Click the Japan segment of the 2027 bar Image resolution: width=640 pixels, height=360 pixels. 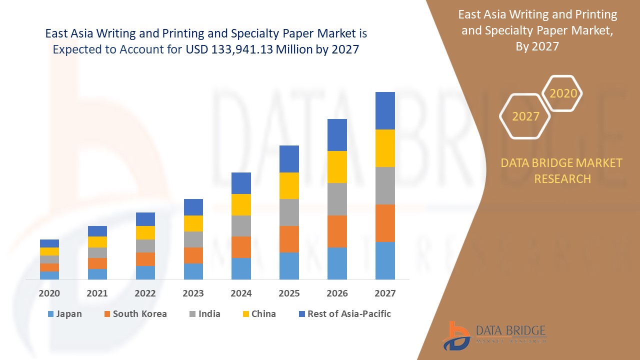pyautogui.click(x=385, y=260)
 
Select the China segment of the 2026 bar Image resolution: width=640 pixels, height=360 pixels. pyautogui.click(x=337, y=167)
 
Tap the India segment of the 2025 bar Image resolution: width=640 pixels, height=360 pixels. pyautogui.click(x=289, y=212)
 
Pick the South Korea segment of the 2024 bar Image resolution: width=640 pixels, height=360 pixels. pyautogui.click(x=241, y=247)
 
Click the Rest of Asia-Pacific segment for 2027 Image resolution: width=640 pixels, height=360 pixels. pyautogui.click(x=385, y=110)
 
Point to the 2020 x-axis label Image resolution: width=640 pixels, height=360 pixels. pyautogui.click(x=49, y=293)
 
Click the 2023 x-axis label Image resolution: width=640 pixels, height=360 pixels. pyautogui.click(x=193, y=293)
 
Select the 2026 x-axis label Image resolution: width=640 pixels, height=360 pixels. pyautogui.click(x=337, y=293)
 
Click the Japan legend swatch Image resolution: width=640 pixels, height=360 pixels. pyautogui.click(x=50, y=314)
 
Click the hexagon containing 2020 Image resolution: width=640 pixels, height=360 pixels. pyautogui.click(x=563, y=93)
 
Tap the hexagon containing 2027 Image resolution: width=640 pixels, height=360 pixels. pyautogui.click(x=525, y=116)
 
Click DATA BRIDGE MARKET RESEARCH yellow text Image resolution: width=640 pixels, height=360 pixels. pyautogui.click(x=562, y=170)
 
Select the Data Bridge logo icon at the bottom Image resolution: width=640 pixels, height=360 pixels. pyautogui.click(x=456, y=335)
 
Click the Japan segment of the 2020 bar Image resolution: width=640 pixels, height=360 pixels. pyautogui.click(x=49, y=275)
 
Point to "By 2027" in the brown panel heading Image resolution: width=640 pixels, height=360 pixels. pyautogui.click(x=537, y=46)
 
